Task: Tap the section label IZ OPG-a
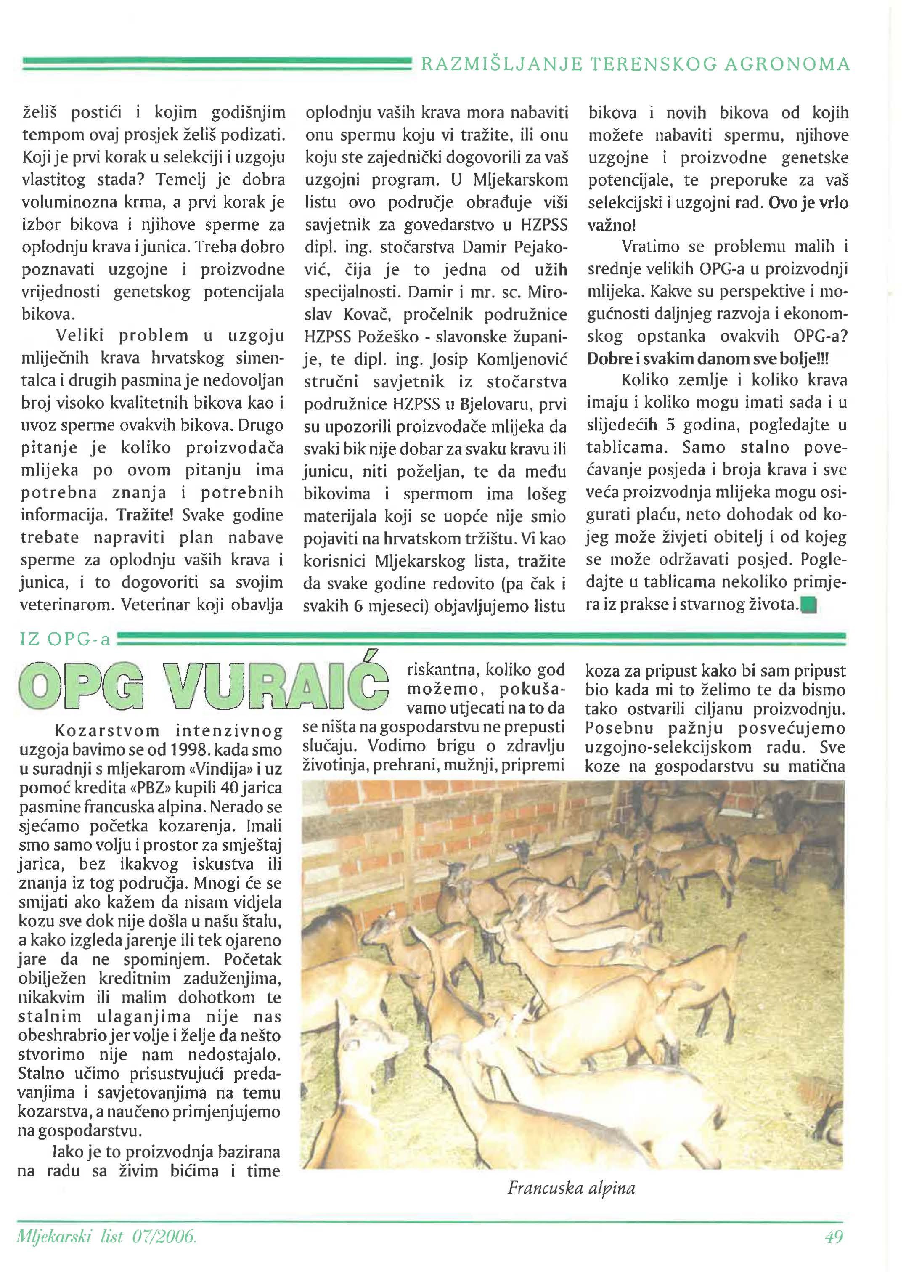pos(65,639)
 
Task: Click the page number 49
pos(833,1252)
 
